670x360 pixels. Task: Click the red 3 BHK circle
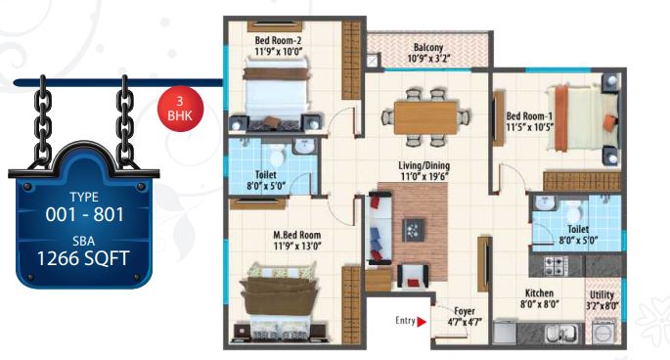(x=180, y=109)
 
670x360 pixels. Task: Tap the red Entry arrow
(x=422, y=322)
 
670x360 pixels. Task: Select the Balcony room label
(x=428, y=47)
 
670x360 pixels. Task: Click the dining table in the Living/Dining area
(x=426, y=117)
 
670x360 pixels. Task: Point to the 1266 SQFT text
(x=83, y=258)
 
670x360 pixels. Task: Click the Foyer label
(x=465, y=311)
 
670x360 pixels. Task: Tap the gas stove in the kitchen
(x=556, y=265)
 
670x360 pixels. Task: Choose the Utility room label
(x=602, y=295)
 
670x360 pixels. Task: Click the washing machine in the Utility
(x=603, y=332)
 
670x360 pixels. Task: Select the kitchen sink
(x=561, y=333)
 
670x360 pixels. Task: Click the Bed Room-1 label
(x=529, y=115)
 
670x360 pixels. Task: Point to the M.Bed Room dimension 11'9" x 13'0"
(x=297, y=246)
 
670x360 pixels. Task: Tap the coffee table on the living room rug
(x=414, y=230)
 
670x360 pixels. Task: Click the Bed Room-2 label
(x=278, y=41)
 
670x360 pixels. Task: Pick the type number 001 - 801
(x=84, y=214)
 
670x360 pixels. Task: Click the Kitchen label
(x=539, y=293)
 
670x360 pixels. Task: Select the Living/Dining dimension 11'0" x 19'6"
(x=424, y=176)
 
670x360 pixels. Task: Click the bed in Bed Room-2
(x=276, y=94)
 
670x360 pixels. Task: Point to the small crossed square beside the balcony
(x=373, y=61)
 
